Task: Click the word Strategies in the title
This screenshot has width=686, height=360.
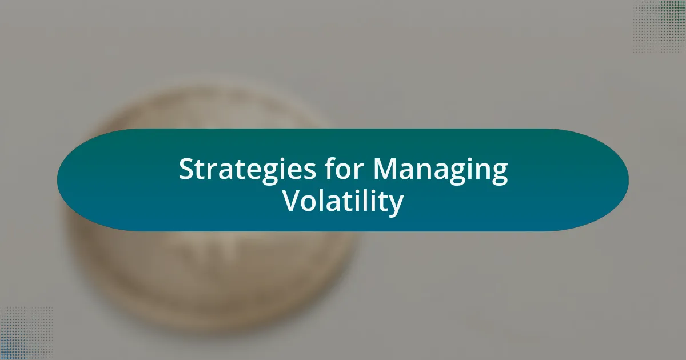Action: click(x=247, y=170)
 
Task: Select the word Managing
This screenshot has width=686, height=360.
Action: click(x=440, y=171)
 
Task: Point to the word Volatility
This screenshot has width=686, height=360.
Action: click(x=343, y=202)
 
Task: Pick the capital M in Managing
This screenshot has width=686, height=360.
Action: click(x=385, y=169)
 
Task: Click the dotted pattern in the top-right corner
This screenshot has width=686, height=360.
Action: click(x=659, y=26)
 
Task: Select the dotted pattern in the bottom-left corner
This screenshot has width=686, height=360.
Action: click(x=26, y=333)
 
